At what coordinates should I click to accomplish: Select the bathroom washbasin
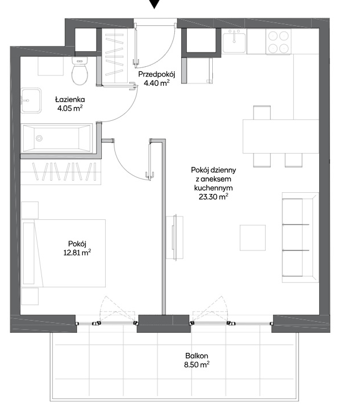coord(31,100)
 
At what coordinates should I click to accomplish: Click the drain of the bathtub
coord(39,138)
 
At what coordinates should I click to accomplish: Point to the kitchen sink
coord(234,41)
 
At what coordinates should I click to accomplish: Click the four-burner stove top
coord(278,41)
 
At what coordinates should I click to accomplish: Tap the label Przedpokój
coord(156,74)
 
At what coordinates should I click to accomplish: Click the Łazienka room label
coord(70,100)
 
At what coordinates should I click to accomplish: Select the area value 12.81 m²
coord(77,253)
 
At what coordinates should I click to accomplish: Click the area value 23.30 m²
coord(213,197)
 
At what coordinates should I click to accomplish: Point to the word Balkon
coord(197,356)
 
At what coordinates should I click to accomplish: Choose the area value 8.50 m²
coord(197,364)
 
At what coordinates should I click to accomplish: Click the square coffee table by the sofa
coord(252,238)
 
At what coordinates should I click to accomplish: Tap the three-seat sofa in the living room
coord(300,238)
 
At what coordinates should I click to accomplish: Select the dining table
coord(281,136)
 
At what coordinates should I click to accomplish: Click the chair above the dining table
coord(262,112)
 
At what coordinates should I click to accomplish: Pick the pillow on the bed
coord(29,253)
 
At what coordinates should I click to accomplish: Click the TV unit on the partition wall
coord(175,238)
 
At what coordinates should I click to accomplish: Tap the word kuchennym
coord(213,188)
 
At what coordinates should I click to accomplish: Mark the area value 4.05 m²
coord(70,108)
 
